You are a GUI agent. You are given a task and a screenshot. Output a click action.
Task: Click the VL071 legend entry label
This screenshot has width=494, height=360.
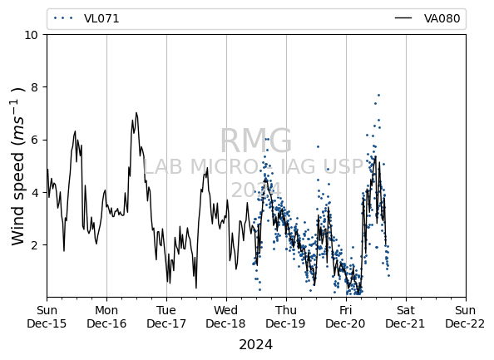pyautogui.click(x=101, y=18)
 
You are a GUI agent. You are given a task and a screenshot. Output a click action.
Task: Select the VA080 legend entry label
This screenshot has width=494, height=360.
pyautogui.click(x=442, y=18)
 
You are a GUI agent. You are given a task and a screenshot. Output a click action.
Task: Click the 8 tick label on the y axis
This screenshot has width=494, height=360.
pyautogui.click(x=34, y=87)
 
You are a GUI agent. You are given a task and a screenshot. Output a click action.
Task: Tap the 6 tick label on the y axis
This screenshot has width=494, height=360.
pyautogui.click(x=34, y=140)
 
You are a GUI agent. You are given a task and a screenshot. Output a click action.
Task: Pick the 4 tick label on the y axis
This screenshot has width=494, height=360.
pyautogui.click(x=34, y=192)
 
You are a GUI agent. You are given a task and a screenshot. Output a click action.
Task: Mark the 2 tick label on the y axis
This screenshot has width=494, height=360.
pyautogui.click(x=34, y=245)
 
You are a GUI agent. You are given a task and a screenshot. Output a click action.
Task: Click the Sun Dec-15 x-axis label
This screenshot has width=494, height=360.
pyautogui.click(x=47, y=317)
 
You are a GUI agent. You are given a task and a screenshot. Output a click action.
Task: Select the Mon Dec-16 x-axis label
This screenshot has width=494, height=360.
pyautogui.click(x=106, y=317)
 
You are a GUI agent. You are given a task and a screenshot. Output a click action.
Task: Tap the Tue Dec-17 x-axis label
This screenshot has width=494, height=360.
pyautogui.click(x=166, y=317)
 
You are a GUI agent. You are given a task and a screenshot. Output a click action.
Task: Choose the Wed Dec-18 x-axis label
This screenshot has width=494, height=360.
pyautogui.click(x=226, y=317)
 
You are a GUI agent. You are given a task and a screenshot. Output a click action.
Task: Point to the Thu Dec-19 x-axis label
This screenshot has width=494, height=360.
pyautogui.click(x=286, y=317)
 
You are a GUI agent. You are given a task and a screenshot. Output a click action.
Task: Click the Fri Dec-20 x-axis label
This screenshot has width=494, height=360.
pyautogui.click(x=346, y=317)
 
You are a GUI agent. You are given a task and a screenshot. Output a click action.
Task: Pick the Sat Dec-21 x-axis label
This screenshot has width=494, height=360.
pyautogui.click(x=406, y=317)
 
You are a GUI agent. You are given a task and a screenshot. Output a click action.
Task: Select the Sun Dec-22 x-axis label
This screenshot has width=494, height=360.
pyautogui.click(x=465, y=317)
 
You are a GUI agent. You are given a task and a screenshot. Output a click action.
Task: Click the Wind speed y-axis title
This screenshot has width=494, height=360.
pyautogui.click(x=18, y=166)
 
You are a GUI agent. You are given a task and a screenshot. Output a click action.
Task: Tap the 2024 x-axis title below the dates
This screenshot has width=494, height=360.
pyautogui.click(x=256, y=344)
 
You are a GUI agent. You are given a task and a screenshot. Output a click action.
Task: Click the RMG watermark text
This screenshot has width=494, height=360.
pyautogui.click(x=256, y=141)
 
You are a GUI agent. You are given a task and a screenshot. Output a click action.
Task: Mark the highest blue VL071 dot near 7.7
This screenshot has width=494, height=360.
pyautogui.click(x=378, y=95)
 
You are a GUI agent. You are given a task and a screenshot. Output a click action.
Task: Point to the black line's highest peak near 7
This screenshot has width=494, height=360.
pyautogui.click(x=136, y=112)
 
